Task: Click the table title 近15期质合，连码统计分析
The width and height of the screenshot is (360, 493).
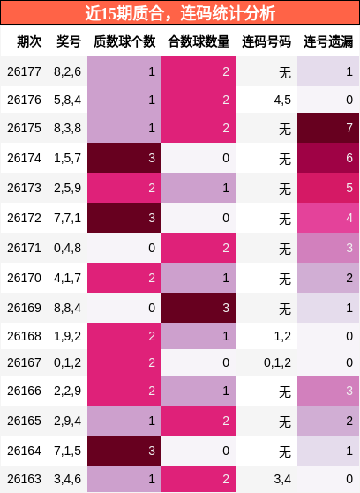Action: pos(180,13)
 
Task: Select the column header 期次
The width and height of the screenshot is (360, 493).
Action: pos(29,41)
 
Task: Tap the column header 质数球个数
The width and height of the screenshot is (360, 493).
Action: pos(124,41)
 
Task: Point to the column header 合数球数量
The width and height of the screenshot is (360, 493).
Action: pos(199,41)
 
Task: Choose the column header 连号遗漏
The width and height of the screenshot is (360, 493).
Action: pos(328,41)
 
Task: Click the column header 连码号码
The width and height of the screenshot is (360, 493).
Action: pos(266,41)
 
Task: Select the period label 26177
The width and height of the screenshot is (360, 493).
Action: pos(24,71)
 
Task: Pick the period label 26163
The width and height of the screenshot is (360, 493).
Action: pos(24,479)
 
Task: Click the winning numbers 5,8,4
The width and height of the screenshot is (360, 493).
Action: pos(67,100)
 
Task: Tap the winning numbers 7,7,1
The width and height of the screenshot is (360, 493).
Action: pos(67,218)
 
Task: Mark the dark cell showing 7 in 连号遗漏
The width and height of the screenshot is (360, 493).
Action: pos(328,128)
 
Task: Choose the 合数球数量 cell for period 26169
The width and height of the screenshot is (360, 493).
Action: pos(199,308)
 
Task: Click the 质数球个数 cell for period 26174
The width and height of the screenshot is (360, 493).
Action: pos(124,158)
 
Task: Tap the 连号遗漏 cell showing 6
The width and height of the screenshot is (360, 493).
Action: pos(328,158)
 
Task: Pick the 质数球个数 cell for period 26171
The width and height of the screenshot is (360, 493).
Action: pos(124,248)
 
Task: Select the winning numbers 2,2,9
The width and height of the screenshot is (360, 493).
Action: pos(67,391)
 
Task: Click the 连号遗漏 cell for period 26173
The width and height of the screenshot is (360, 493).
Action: pos(328,188)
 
